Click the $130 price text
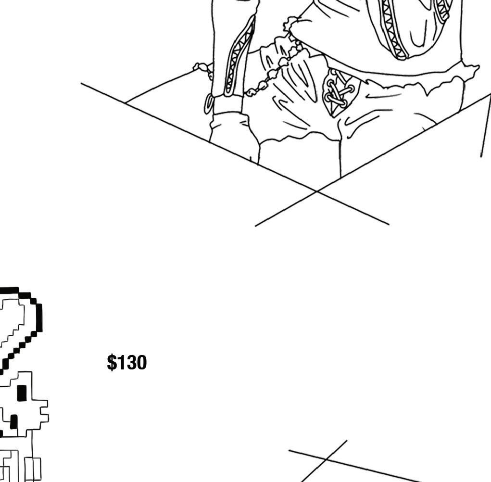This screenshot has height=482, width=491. pyautogui.click(x=126, y=363)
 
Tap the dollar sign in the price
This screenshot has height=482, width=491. pyautogui.click(x=112, y=363)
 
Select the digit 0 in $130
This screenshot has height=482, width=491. pyautogui.click(x=140, y=363)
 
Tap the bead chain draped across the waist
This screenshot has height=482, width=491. pyautogui.click(x=269, y=77)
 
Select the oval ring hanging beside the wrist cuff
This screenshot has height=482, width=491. pyautogui.click(x=209, y=103)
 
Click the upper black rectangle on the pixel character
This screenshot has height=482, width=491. pyautogui.click(x=22, y=393)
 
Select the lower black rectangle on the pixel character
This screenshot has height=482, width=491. pyautogui.click(x=14, y=422)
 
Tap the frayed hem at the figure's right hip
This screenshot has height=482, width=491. pyautogui.click(x=433, y=84)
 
